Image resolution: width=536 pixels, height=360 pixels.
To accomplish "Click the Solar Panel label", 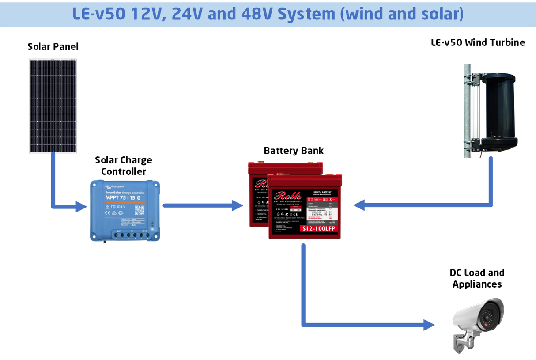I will click(53, 46).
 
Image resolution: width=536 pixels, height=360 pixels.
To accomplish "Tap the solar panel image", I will click(53, 106).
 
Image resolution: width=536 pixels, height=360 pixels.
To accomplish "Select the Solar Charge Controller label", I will click(124, 166).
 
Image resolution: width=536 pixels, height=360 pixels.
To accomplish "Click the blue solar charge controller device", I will click(124, 210).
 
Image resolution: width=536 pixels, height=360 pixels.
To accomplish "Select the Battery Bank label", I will click(294, 151).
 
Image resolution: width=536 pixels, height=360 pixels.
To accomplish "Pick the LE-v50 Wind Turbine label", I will click(478, 43).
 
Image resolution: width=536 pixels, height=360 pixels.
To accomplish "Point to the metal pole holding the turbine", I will click(467, 110).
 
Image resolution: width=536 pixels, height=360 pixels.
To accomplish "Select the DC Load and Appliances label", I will click(477, 278).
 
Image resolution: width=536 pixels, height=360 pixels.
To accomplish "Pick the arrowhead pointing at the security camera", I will click(429, 325).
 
